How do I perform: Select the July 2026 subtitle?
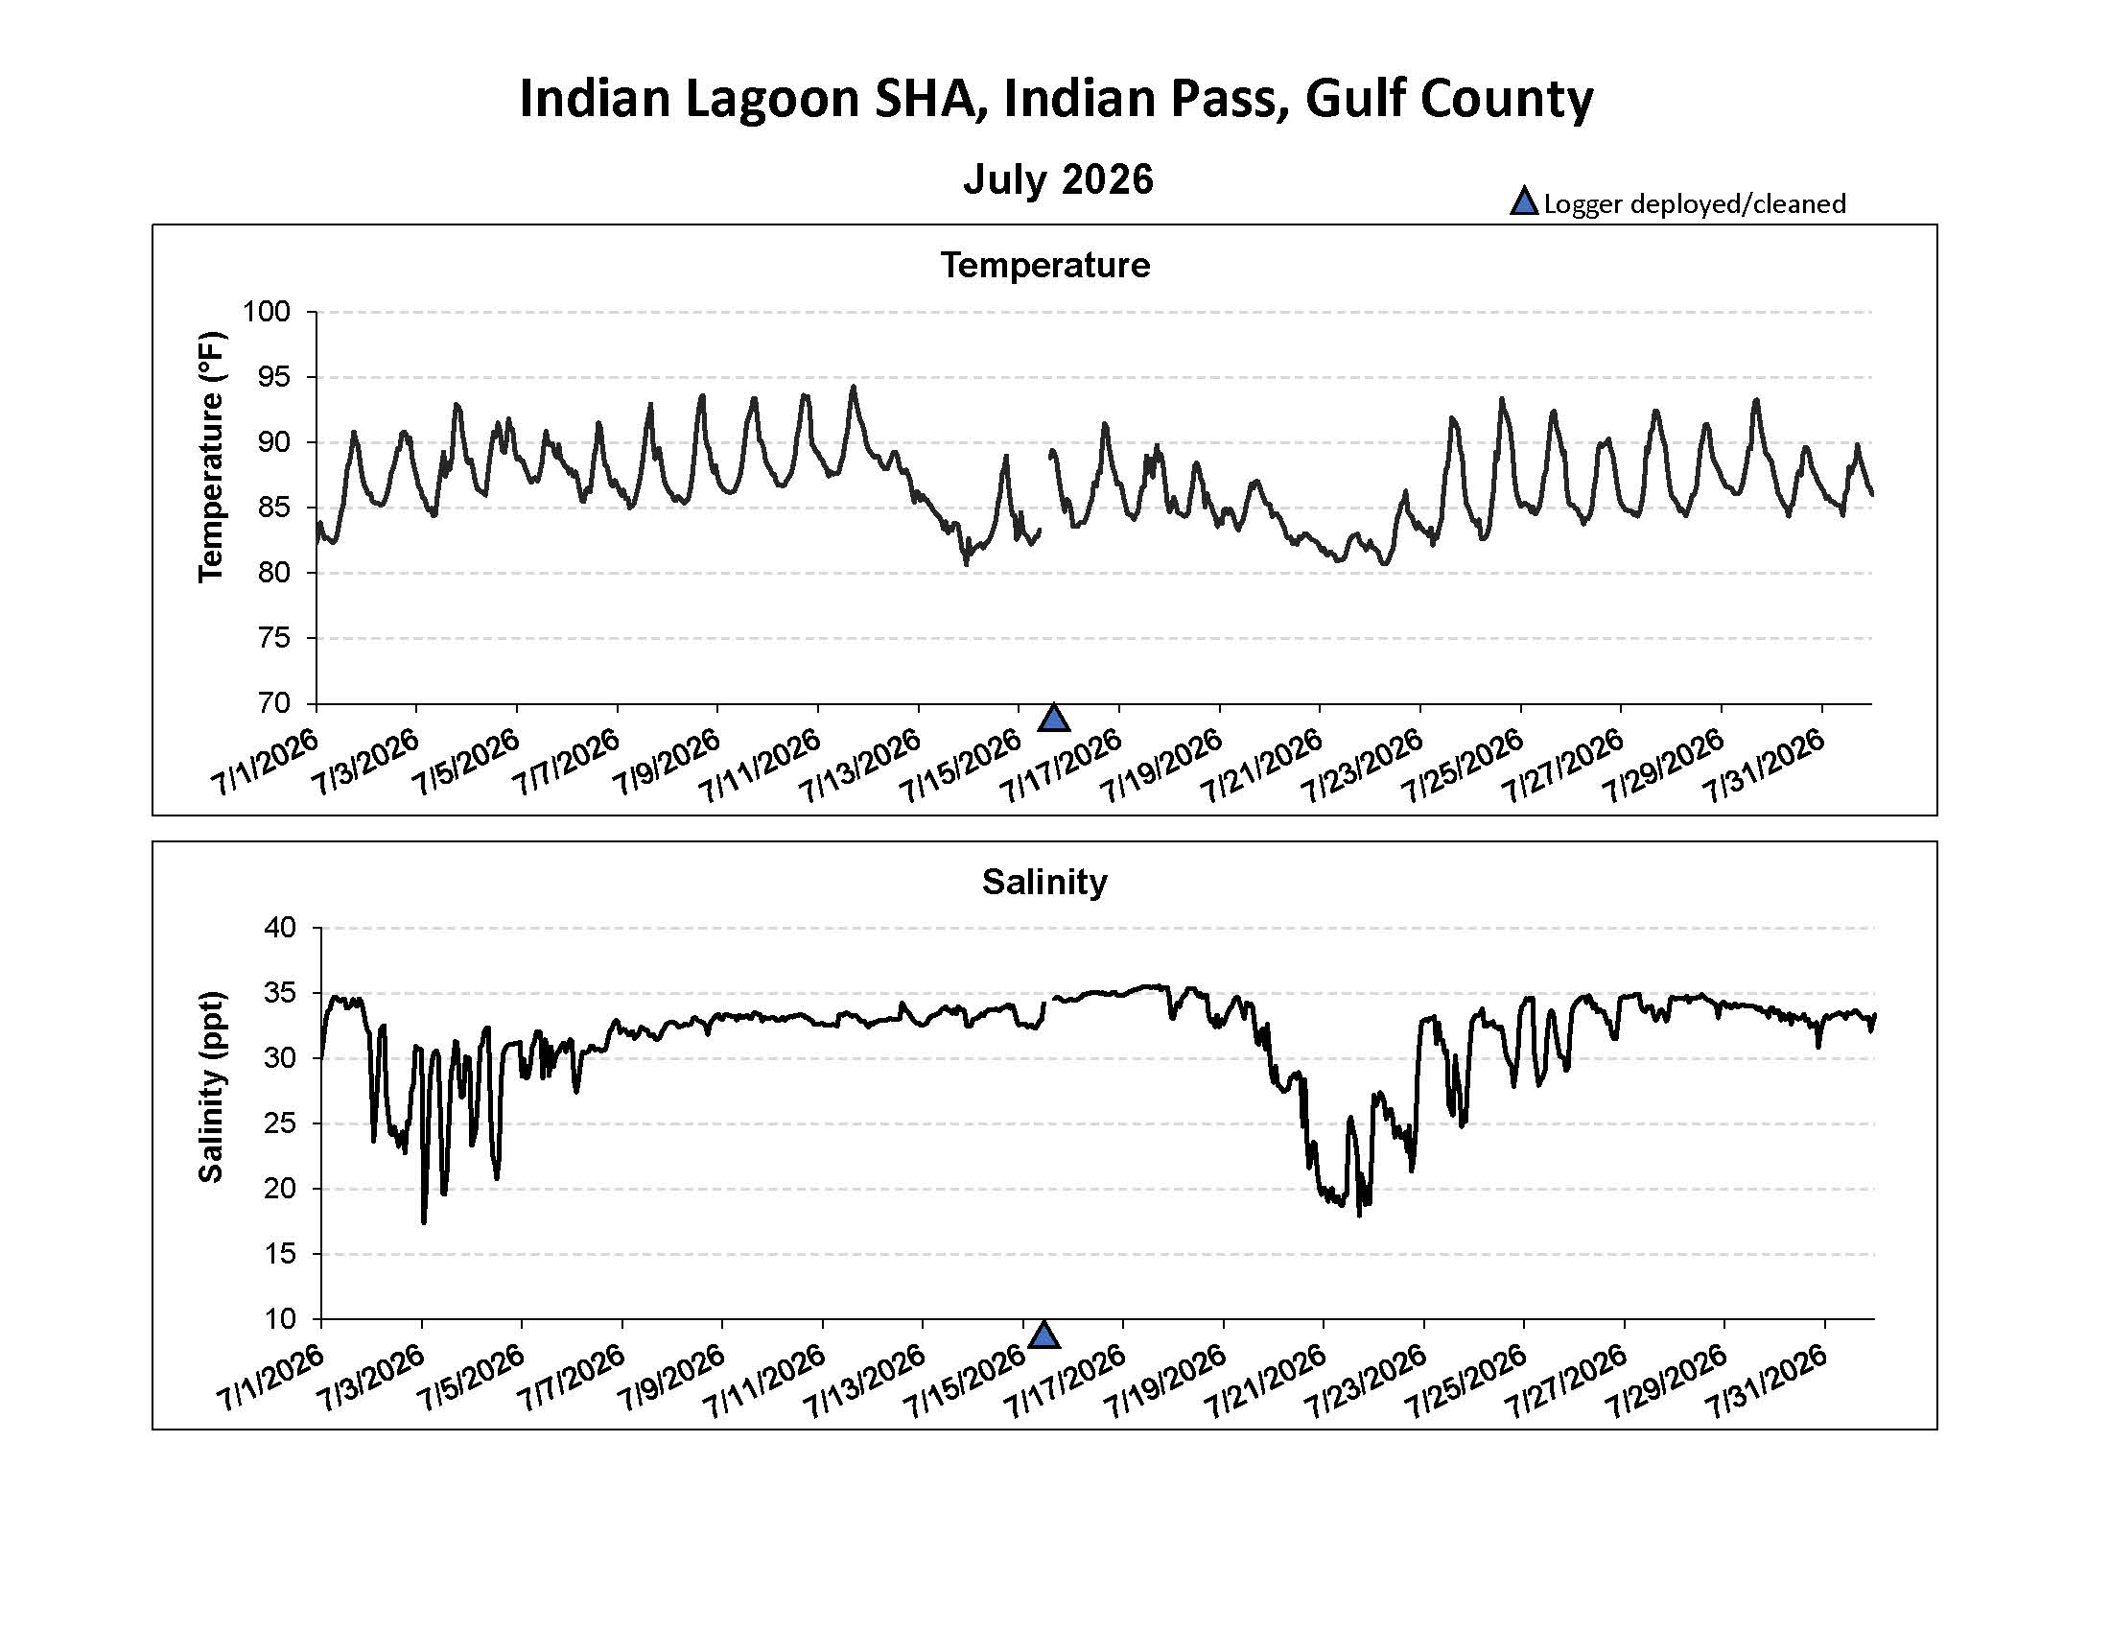pyautogui.click(x=1058, y=179)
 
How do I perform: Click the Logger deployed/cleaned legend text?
pyautogui.click(x=1695, y=203)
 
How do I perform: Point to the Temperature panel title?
pyautogui.click(x=1045, y=265)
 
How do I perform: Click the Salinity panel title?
pyautogui.click(x=1044, y=881)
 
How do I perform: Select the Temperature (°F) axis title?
pyautogui.click(x=211, y=457)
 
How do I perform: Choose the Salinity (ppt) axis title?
pyautogui.click(x=211, y=1086)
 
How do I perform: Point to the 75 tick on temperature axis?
pyautogui.click(x=273, y=638)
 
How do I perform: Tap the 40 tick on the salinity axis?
pyautogui.click(x=278, y=928)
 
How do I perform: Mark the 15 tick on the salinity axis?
pyautogui.click(x=278, y=1254)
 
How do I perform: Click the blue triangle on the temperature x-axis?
pyautogui.click(x=1054, y=718)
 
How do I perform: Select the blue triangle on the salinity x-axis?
pyautogui.click(x=1044, y=1335)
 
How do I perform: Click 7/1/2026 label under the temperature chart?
pyautogui.click(x=264, y=764)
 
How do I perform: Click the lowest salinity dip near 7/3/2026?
pyautogui.click(x=424, y=1222)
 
